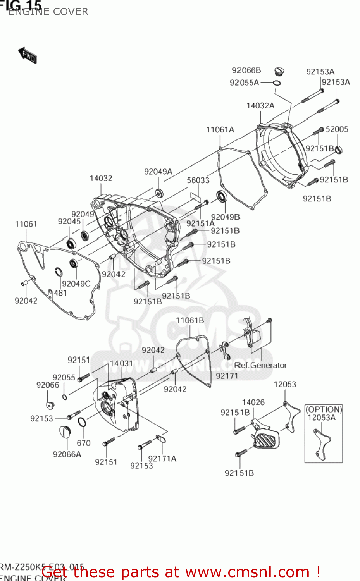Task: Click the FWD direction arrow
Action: click(28, 55)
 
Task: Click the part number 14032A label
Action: click(260, 106)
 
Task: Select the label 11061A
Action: click(220, 130)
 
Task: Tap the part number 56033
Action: click(198, 180)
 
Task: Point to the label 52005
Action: click(336, 129)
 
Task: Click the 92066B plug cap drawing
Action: click(279, 71)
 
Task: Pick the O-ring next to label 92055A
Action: click(277, 83)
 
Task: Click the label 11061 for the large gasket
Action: click(26, 224)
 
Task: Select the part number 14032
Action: click(101, 178)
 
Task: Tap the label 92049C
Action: click(76, 284)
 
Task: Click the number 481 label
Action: click(60, 293)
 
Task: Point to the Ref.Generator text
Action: click(260, 365)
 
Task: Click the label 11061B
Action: click(190, 320)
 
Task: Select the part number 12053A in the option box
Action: click(321, 418)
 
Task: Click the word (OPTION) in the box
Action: click(324, 409)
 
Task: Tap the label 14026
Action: click(253, 402)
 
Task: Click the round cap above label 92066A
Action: click(65, 431)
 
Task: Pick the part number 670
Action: click(83, 443)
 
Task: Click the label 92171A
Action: click(162, 459)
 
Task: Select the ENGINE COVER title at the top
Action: click(48, 12)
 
